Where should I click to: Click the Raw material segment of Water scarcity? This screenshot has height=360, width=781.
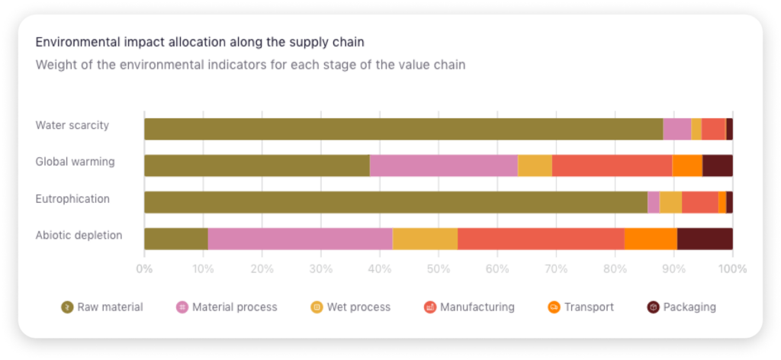[x=403, y=129]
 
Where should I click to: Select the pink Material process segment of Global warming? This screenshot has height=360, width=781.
[x=443, y=166]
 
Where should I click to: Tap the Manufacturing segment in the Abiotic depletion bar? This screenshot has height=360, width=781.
[x=541, y=239]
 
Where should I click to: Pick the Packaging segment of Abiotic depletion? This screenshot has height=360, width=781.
[x=705, y=239]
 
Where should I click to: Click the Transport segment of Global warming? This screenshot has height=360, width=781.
[x=687, y=166]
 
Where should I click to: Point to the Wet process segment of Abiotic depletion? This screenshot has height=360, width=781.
[x=425, y=239]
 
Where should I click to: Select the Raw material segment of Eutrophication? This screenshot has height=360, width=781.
[x=395, y=202]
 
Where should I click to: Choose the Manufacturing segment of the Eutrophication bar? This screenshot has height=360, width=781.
[x=699, y=202]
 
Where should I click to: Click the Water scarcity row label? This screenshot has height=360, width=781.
[x=72, y=125]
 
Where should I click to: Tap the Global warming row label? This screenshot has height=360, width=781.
[x=75, y=162]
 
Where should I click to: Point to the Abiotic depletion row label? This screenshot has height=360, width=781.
[x=79, y=235]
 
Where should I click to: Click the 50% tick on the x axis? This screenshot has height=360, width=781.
[x=438, y=268]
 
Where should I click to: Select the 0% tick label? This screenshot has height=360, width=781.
[x=143, y=268]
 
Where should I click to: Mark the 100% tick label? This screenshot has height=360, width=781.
[x=732, y=268]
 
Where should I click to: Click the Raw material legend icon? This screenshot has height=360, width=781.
[x=67, y=307]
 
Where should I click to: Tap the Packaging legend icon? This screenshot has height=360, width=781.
[x=654, y=307]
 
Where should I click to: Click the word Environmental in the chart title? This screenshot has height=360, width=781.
[x=73, y=41]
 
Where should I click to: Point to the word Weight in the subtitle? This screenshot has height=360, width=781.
[x=53, y=65]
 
